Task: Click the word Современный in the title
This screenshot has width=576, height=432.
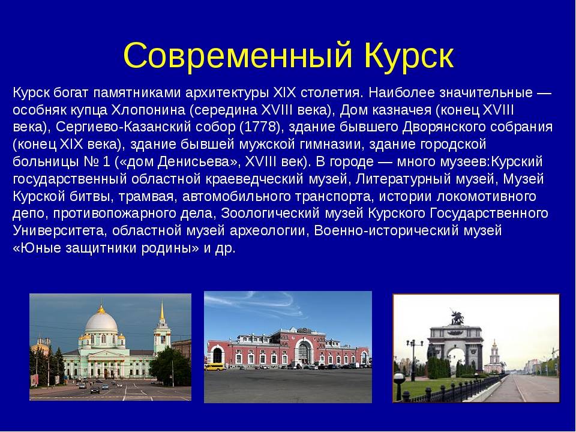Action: (238, 55)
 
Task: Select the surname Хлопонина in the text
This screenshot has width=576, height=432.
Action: (148, 110)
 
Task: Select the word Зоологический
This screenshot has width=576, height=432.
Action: (269, 214)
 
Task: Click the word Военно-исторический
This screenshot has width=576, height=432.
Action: (386, 230)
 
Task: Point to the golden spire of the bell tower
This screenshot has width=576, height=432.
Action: (161, 310)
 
